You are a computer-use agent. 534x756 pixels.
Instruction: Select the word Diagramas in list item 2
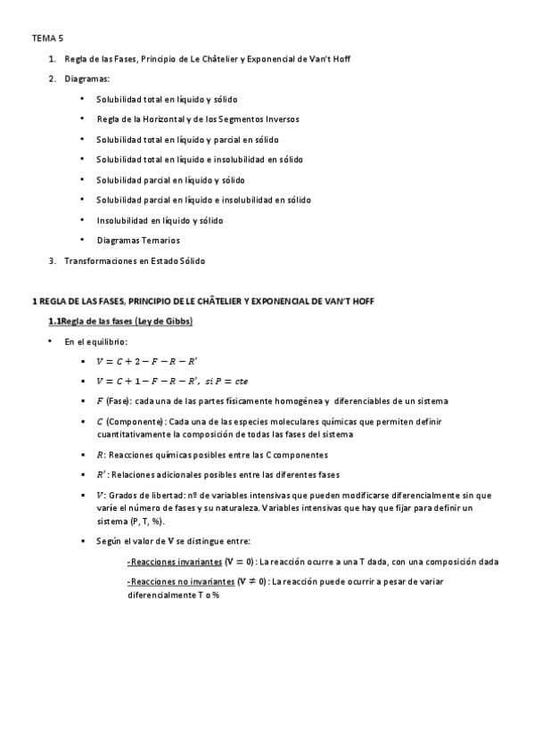86,79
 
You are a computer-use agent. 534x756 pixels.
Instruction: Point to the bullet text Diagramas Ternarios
138,240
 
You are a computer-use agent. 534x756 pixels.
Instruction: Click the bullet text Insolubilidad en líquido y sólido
160,219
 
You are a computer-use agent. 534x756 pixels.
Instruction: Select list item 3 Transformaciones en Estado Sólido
134,260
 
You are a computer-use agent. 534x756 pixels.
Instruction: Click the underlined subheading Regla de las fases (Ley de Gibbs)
120,321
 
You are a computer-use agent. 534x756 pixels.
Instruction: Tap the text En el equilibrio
96,341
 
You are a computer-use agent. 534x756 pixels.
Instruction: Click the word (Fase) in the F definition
119,401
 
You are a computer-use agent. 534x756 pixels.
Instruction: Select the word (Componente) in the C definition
137,422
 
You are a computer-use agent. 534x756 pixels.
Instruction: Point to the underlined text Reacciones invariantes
174,562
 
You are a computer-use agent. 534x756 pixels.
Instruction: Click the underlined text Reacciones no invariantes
182,582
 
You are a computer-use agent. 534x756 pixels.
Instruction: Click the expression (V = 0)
239,562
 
